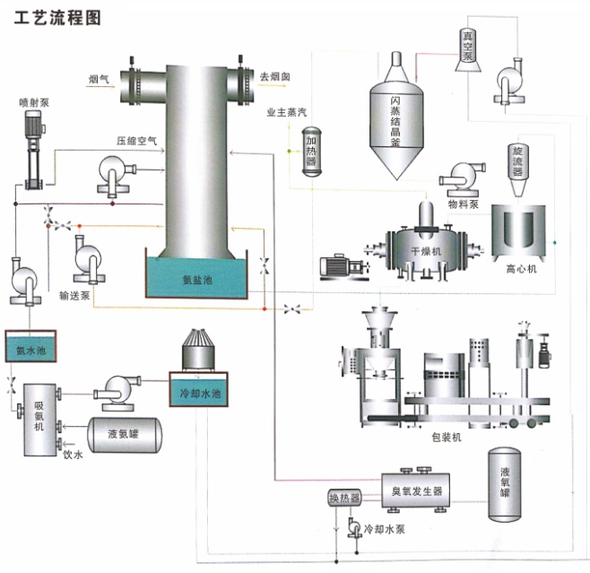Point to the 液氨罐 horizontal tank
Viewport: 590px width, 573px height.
tap(126, 435)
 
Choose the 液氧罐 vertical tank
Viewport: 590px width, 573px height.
tap(507, 483)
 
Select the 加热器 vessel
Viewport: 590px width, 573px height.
tap(310, 149)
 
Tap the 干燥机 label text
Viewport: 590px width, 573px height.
tap(425, 251)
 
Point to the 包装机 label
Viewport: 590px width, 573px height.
tap(445, 437)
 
